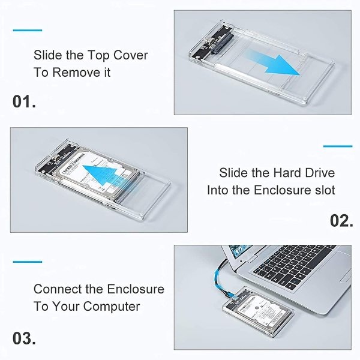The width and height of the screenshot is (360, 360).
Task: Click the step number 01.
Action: pyautogui.click(x=24, y=101)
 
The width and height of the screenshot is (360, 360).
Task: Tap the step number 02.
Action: pyautogui.click(x=341, y=221)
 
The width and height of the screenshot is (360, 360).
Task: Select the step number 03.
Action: pyautogui.click(x=24, y=338)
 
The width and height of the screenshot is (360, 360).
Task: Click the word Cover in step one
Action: pyautogui.click(x=131, y=55)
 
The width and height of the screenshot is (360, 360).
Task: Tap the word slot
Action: pyautogui.click(x=325, y=190)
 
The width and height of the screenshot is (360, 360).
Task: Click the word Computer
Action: pyautogui.click(x=112, y=307)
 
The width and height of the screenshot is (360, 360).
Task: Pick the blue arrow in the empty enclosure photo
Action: pyautogui.click(x=273, y=62)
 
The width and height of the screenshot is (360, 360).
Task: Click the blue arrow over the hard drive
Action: pyautogui.click(x=101, y=174)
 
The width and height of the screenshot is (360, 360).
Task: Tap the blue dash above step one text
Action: pyautogui.click(x=28, y=30)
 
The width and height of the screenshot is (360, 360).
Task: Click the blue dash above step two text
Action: pyautogui.click(x=338, y=146)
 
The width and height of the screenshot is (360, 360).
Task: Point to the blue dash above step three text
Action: pyautogui.click(x=28, y=262)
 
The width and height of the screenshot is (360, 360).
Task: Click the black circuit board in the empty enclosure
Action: pyautogui.click(x=212, y=42)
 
